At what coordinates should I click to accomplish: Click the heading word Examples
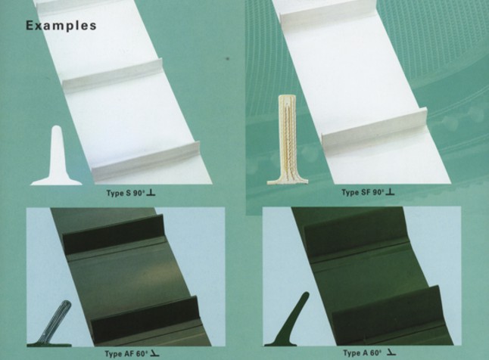coord(61,26)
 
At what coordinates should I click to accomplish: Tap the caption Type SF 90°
coord(363,192)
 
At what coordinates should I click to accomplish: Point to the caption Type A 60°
coord(363,353)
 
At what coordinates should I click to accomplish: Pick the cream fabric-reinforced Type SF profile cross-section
coord(288,140)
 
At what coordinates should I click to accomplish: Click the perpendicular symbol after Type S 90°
coord(151,193)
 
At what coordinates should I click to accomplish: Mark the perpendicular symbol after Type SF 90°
coord(390,191)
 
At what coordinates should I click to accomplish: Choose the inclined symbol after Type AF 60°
coord(154,353)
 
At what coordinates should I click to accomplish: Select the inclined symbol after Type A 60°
coord(391,352)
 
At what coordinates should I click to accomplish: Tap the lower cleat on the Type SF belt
coord(375,131)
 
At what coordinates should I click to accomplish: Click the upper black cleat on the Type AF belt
coord(114,233)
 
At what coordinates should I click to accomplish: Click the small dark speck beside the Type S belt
coord(228,58)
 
